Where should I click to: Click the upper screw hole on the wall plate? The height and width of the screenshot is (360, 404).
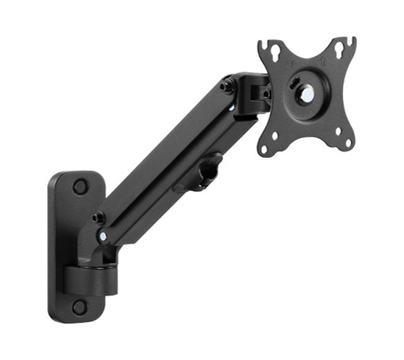pos(80,186)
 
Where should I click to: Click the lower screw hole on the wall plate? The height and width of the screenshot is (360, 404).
pos(80,307)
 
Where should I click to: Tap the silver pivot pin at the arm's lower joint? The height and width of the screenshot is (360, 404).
pos(102,236)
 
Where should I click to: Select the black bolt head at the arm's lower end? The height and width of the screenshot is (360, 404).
pos(98,217)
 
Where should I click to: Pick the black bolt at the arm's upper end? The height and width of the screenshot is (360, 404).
pos(226,87)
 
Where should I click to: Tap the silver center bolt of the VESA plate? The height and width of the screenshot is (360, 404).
pos(304,95)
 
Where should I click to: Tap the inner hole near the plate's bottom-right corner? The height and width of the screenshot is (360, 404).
pos(338,132)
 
